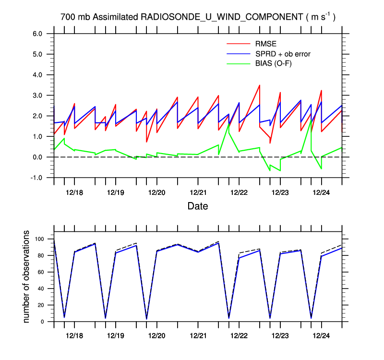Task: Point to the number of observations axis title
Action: tap(27, 276)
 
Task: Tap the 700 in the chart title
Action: tap(67, 17)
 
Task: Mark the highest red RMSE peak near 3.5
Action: tap(260, 85)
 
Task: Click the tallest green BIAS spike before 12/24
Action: tap(311, 120)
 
